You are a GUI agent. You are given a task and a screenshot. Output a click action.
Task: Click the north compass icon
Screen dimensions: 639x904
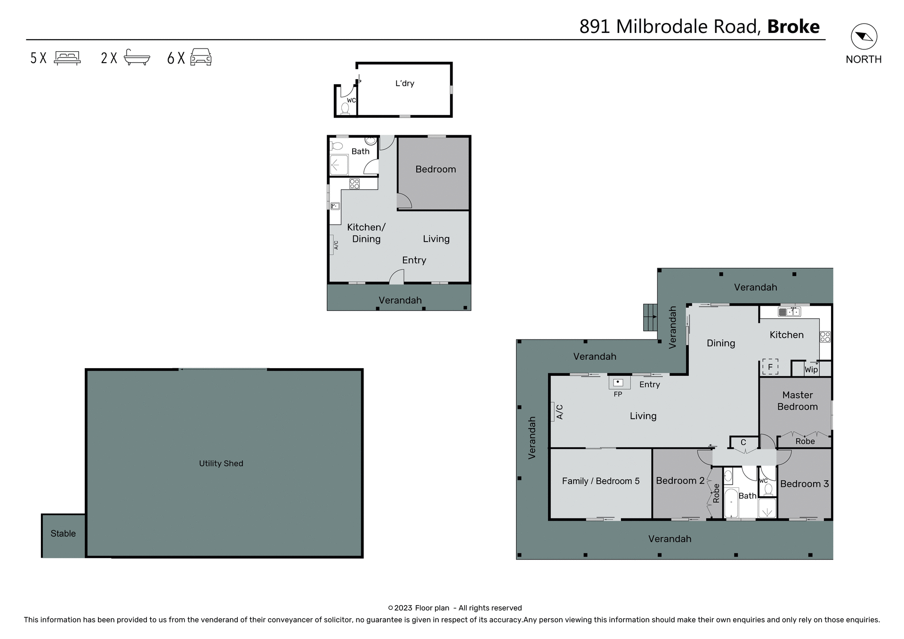click(864, 37)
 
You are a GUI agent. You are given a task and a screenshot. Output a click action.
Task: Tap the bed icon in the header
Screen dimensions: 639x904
click(67, 57)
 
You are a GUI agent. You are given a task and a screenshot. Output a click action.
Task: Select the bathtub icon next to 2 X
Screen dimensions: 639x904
click(137, 57)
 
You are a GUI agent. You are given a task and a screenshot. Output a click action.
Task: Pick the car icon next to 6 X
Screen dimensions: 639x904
click(201, 57)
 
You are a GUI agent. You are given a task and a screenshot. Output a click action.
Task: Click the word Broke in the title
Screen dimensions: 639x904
click(793, 26)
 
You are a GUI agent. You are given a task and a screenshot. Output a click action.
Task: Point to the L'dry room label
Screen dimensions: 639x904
click(404, 83)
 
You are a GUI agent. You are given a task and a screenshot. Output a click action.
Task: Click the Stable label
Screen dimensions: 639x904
click(63, 534)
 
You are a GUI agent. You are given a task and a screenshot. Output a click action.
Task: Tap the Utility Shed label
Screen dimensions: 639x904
click(221, 463)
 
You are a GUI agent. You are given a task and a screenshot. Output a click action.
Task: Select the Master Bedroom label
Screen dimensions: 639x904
click(797, 401)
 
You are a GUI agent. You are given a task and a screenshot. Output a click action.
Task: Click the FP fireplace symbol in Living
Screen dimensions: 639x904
click(618, 382)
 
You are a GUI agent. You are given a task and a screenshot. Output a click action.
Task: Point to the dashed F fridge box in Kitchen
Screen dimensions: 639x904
click(770, 367)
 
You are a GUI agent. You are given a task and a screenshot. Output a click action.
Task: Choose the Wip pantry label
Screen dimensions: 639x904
click(811, 370)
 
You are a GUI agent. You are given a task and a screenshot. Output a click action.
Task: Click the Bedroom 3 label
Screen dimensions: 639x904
click(804, 484)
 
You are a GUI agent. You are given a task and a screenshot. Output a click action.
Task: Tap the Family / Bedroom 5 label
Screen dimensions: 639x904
click(600, 481)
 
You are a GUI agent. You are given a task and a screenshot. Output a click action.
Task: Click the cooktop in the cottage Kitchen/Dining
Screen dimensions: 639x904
click(355, 184)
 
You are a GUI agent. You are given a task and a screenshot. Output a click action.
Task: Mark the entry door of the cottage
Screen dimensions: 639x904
click(397, 277)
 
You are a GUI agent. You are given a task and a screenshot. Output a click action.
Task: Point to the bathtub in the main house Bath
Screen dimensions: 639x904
click(731, 503)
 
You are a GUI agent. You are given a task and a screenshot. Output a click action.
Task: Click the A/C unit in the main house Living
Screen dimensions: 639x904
click(553, 411)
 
